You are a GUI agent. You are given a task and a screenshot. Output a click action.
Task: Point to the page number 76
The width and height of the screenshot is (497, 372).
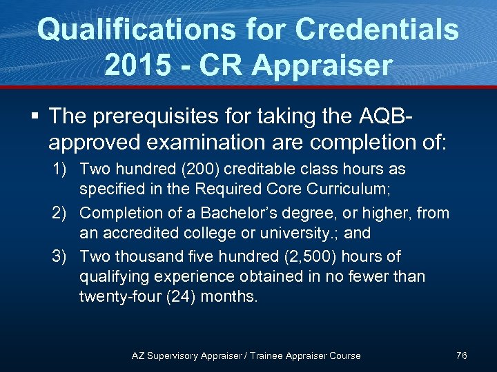pos(462,355)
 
